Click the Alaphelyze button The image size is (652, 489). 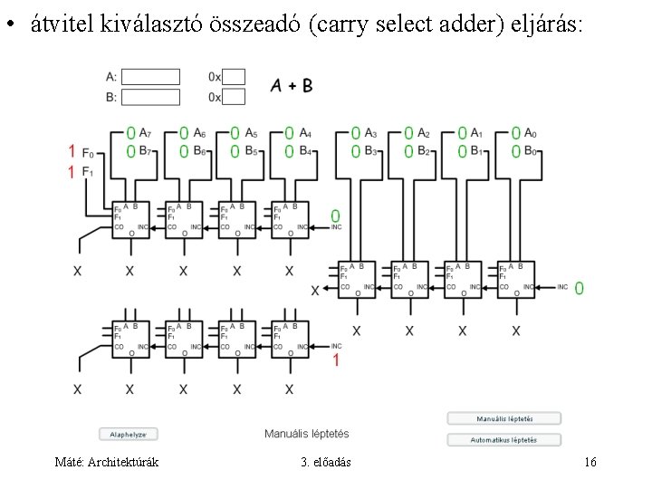click(128, 435)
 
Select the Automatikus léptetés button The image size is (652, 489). click(503, 440)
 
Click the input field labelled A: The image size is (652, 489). click(150, 77)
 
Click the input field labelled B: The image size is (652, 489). click(150, 97)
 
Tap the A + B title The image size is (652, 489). click(292, 86)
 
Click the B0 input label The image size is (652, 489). click(532, 151)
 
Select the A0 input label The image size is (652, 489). click(532, 133)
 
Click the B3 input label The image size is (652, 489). click(370, 151)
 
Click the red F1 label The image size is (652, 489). click(87, 171)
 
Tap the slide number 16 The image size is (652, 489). click(590, 463)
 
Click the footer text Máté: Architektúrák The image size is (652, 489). click(107, 463)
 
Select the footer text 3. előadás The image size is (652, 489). click(326, 463)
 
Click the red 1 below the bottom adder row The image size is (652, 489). click(336, 361)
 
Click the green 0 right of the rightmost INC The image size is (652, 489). click(579, 288)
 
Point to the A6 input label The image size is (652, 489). click(198, 133)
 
